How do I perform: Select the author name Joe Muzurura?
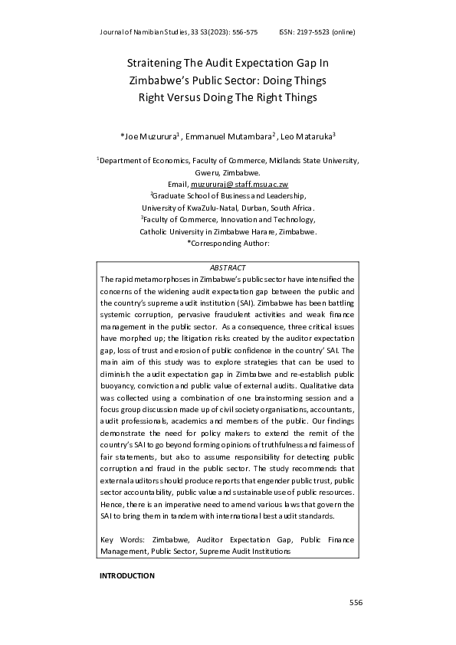[150, 136]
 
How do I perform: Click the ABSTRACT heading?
[228, 267]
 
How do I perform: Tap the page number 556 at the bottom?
[355, 603]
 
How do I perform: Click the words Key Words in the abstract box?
[119, 540]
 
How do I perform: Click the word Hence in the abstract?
[113, 505]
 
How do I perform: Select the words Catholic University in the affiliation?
[172, 231]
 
